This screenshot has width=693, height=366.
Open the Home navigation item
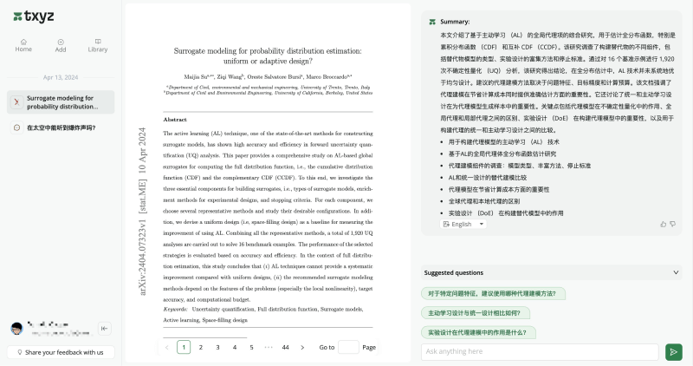pyautogui.click(x=23, y=44)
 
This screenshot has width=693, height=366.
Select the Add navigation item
pyautogui.click(x=61, y=44)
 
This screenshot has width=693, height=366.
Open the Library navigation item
pyautogui.click(x=98, y=44)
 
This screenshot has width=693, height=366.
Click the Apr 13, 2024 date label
pyautogui.click(x=60, y=77)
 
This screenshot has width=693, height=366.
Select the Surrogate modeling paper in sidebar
pyautogui.click(x=60, y=102)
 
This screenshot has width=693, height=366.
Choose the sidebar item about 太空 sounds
pyautogui.click(x=60, y=127)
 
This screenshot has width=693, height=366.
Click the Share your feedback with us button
pyautogui.click(x=60, y=352)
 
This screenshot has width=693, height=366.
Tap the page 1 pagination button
pyautogui.click(x=184, y=347)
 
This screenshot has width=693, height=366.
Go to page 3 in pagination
pyautogui.click(x=217, y=347)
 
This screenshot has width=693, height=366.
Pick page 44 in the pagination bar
pyautogui.click(x=285, y=347)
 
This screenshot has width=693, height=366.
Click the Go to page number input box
pyautogui.click(x=348, y=347)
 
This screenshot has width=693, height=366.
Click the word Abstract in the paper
pyautogui.click(x=175, y=119)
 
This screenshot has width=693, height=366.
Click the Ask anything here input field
pyautogui.click(x=539, y=351)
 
